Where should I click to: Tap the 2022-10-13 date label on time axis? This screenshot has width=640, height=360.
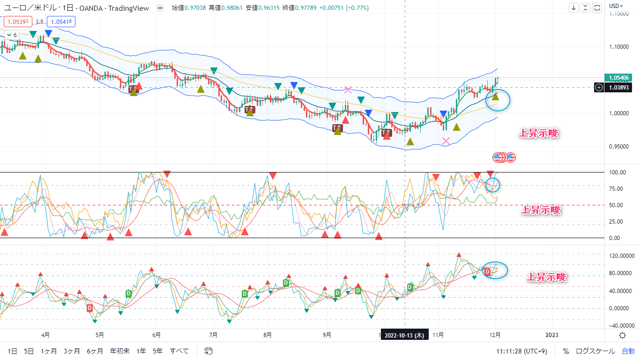tap(404, 336)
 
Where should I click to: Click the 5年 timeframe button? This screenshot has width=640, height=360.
tap(157, 351)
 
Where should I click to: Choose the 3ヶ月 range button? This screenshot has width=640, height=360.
tap(72, 351)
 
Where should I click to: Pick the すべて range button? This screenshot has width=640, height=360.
tap(179, 351)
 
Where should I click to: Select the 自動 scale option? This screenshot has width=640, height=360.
tap(628, 351)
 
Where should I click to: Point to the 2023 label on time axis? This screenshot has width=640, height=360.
tap(552, 335)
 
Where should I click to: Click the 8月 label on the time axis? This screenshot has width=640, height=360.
tap(268, 335)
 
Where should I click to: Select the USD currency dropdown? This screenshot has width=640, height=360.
tap(616, 6)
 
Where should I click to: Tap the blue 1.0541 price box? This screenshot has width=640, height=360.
tap(61, 22)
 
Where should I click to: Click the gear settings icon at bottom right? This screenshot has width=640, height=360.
tap(622, 335)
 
